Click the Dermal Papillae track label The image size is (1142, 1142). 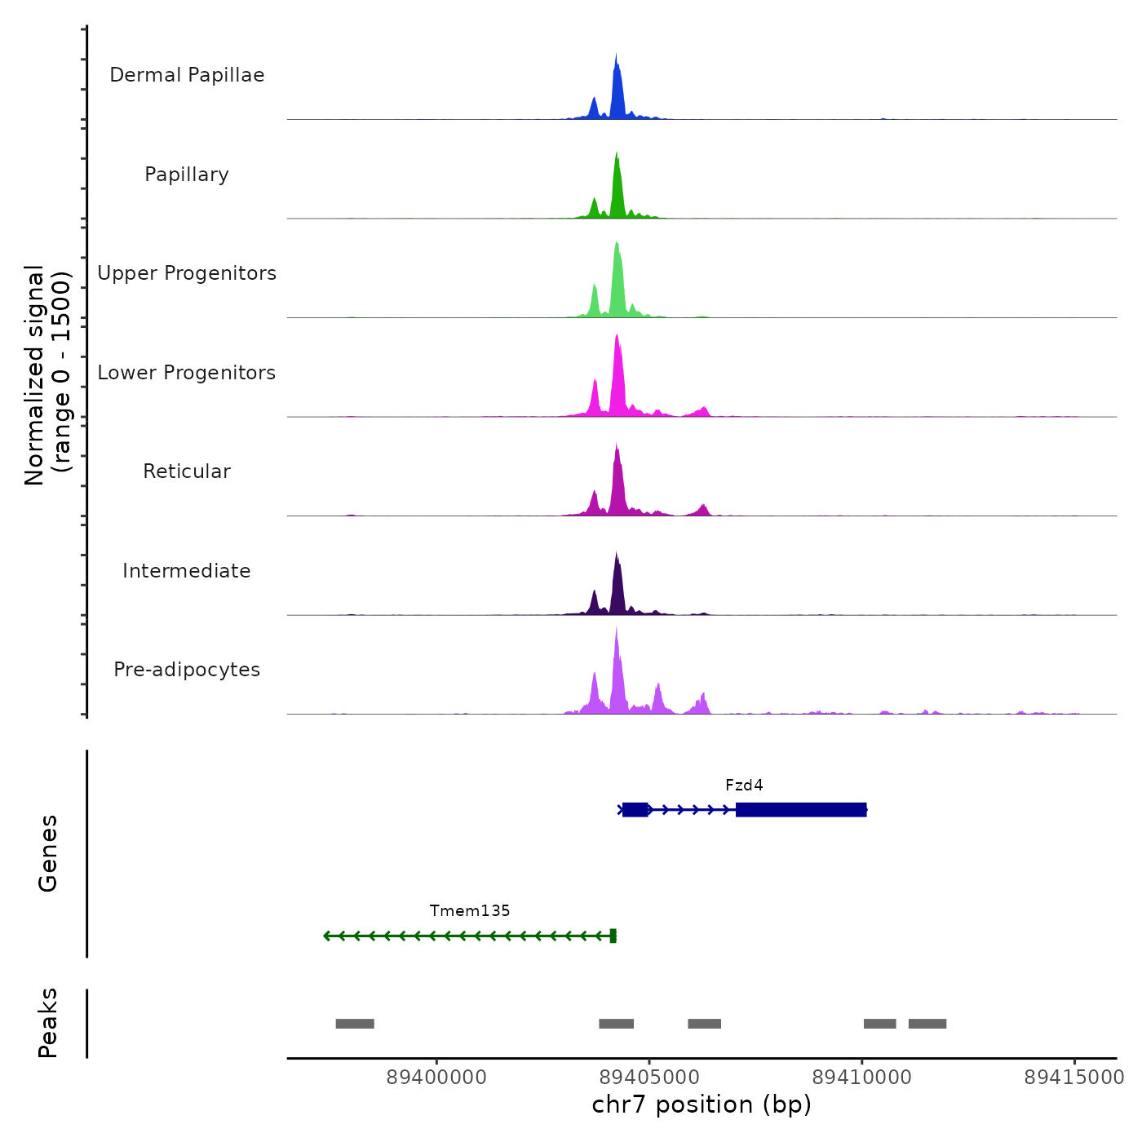pyautogui.click(x=187, y=75)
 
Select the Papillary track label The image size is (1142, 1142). pyautogui.click(x=187, y=175)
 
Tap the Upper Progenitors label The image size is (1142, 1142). pyautogui.click(x=187, y=273)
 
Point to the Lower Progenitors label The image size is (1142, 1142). pyautogui.click(x=187, y=373)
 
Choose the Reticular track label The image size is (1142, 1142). pyautogui.click(x=187, y=471)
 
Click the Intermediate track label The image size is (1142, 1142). pyautogui.click(x=187, y=571)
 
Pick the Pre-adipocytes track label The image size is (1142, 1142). pyautogui.click(x=187, y=670)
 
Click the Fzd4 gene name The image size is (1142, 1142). pyautogui.click(x=744, y=786)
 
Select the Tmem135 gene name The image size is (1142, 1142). pyautogui.click(x=470, y=911)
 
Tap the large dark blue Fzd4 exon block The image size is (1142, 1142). pyautogui.click(x=800, y=810)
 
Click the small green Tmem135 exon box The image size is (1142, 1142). pyautogui.click(x=613, y=936)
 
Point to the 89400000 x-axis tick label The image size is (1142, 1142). pyautogui.click(x=436, y=1078)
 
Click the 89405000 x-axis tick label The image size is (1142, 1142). pyautogui.click(x=649, y=1078)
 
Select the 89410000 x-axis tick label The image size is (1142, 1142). pyautogui.click(x=862, y=1078)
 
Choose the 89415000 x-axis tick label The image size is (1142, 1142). pyautogui.click(x=1074, y=1078)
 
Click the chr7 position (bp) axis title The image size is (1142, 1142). pyautogui.click(x=702, y=1105)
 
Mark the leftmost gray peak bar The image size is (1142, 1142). pyautogui.click(x=355, y=1024)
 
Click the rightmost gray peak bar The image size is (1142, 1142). pyautogui.click(x=927, y=1024)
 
